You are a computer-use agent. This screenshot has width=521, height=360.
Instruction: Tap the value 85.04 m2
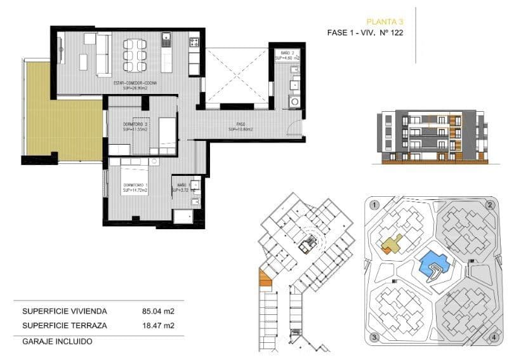point(158,312)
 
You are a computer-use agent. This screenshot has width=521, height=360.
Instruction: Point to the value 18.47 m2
point(158,326)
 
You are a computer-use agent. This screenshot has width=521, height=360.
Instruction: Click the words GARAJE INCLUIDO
point(57,341)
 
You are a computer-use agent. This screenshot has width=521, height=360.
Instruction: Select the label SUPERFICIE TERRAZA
point(65,326)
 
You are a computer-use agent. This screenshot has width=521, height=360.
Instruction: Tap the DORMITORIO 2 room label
point(135,126)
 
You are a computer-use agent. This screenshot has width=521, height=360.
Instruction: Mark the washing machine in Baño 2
point(294,101)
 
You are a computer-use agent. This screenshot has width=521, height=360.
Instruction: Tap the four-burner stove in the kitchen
point(194,43)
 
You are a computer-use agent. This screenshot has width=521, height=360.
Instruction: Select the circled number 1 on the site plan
point(375,205)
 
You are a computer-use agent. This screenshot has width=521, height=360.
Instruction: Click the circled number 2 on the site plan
point(489,205)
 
